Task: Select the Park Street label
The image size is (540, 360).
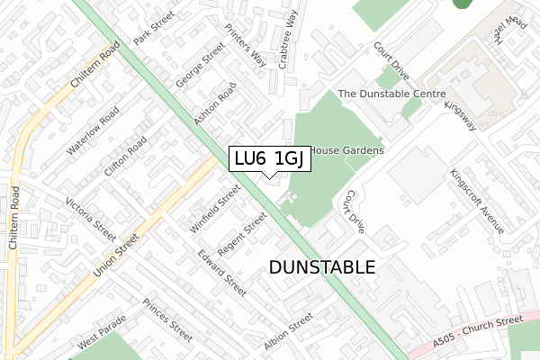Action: point(152,30)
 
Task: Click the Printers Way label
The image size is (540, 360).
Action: point(246,45)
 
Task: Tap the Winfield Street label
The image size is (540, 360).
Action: point(215,208)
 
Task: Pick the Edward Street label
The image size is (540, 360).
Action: point(223,273)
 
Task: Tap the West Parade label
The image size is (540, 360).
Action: point(99,344)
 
